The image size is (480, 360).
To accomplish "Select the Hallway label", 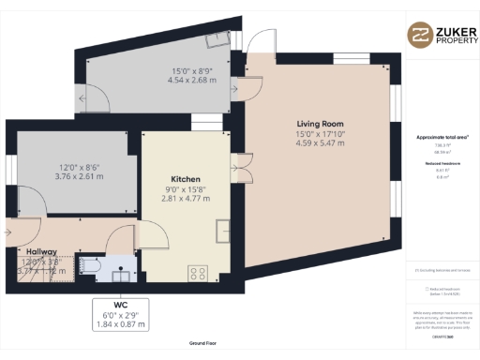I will tap(40, 252).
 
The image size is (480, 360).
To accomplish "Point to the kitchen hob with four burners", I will tap(199, 273).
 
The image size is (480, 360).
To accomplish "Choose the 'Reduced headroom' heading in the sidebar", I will tap(442, 161).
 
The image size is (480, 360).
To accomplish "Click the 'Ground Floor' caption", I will tap(197, 344).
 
